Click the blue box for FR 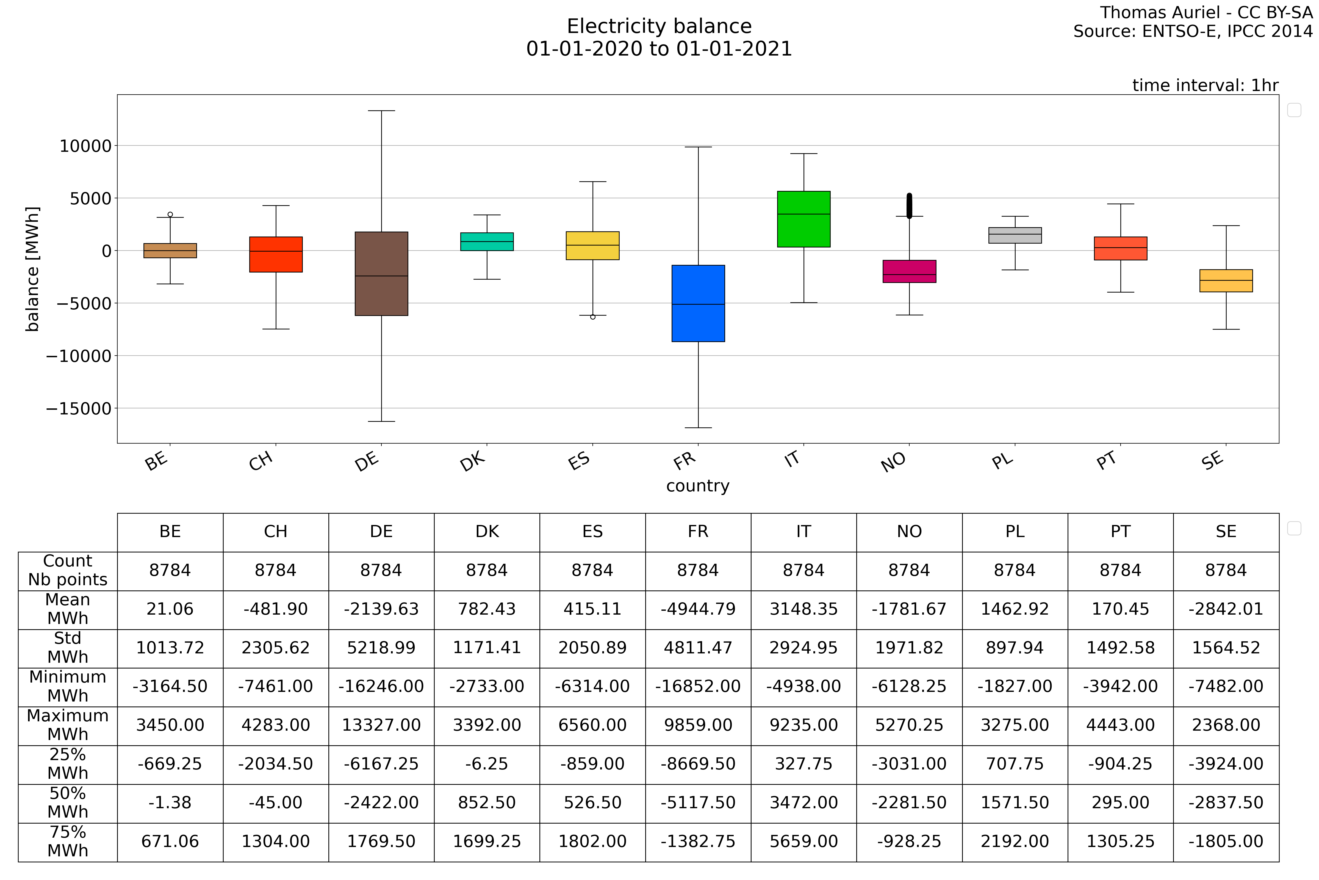(698, 303)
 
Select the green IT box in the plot (803, 219)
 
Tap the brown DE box (381, 273)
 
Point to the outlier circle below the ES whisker (593, 317)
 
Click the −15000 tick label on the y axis (79, 409)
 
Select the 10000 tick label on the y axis (86, 146)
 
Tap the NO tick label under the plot (893, 462)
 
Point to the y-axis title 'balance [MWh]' (32, 269)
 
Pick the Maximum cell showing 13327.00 (381, 725)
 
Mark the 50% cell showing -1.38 (170, 802)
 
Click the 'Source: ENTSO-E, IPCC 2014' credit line (1193, 31)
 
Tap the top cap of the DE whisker (381, 111)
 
